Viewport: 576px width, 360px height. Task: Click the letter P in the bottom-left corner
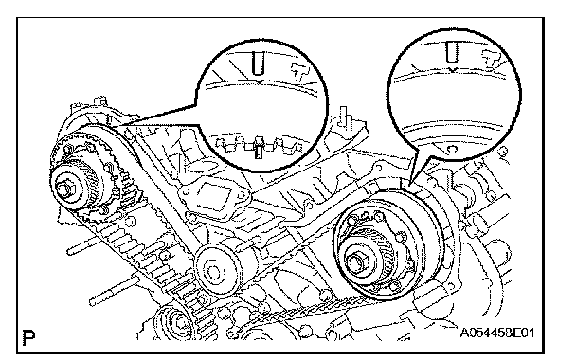(x=28, y=337)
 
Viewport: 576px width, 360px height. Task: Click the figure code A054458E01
(x=497, y=333)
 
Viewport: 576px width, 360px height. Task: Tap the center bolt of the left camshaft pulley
(x=65, y=189)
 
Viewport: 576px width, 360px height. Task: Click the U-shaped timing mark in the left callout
(x=259, y=63)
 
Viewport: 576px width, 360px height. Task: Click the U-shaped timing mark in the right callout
(x=452, y=52)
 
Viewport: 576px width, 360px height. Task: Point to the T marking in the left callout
(x=299, y=73)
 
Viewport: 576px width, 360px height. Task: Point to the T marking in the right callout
(x=492, y=60)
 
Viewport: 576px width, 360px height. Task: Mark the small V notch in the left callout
(x=260, y=81)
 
